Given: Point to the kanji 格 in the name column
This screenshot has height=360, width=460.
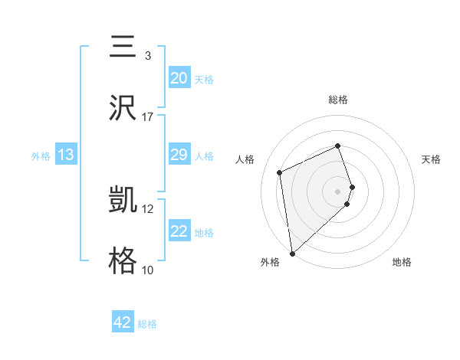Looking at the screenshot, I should click(x=123, y=261).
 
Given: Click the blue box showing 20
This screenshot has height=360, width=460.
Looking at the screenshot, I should click(x=179, y=78).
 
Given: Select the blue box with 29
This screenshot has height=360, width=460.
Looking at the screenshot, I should click(x=179, y=155).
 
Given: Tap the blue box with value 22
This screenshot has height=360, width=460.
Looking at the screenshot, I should click(x=179, y=231).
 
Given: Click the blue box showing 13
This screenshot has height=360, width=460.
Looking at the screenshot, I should click(x=66, y=155).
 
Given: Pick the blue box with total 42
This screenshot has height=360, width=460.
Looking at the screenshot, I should click(x=123, y=322).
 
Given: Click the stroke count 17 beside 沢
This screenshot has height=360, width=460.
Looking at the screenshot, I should click(x=148, y=116).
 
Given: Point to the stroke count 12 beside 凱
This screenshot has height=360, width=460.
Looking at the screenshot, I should click(x=148, y=208).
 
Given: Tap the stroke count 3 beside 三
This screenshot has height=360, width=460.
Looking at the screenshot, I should click(x=148, y=55).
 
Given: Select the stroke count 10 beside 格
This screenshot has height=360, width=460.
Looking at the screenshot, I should click(x=148, y=270).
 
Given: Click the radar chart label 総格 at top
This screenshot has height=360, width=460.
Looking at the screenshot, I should click(x=338, y=100).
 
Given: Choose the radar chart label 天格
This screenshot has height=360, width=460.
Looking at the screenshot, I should click(x=432, y=159).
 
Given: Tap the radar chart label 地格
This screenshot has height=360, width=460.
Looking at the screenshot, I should click(x=402, y=262).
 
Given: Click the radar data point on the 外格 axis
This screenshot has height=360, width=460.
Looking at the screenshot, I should click(x=291, y=253).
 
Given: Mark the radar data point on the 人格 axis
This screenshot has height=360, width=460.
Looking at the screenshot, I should click(x=280, y=172).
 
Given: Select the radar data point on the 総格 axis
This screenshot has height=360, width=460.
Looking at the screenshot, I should click(x=338, y=146).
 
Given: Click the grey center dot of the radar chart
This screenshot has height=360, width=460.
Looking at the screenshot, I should click(x=338, y=191).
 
